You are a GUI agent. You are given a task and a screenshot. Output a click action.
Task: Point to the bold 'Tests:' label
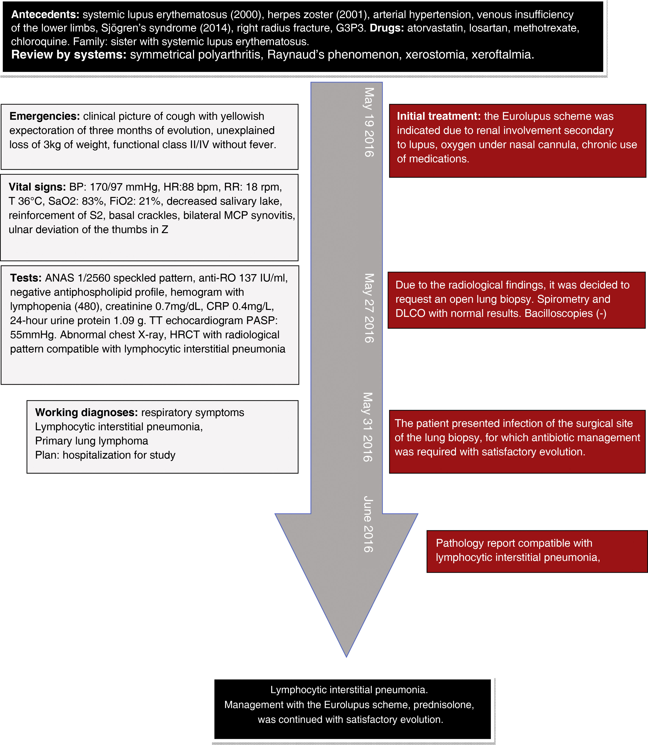pyautogui.click(x=26, y=278)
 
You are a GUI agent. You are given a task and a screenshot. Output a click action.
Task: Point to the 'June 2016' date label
pyautogui.click(x=368, y=524)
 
